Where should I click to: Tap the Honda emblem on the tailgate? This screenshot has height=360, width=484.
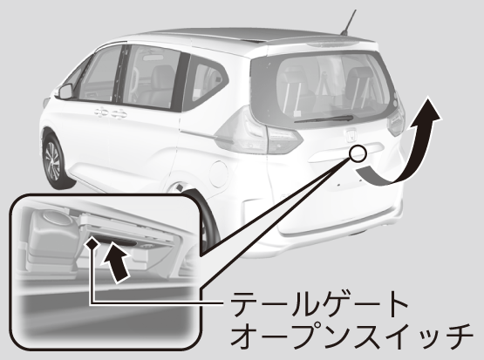pyautogui.click(x=351, y=135)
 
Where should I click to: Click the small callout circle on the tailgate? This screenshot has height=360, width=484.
pyautogui.click(x=358, y=153)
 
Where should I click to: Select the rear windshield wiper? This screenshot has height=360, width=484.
pyautogui.click(x=324, y=119)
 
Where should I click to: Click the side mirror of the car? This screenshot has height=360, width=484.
pyautogui.click(x=65, y=92)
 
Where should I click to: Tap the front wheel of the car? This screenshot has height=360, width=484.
pyautogui.click(x=56, y=161)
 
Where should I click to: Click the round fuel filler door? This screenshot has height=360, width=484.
pyautogui.click(x=218, y=173)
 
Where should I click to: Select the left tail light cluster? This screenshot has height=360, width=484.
pyautogui.click(x=259, y=132)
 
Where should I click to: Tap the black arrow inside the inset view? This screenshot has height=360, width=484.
pyautogui.click(x=115, y=262)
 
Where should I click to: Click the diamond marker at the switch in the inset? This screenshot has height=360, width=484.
pyautogui.click(x=92, y=244)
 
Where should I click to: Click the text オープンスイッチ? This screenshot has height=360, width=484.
pyautogui.click(x=351, y=336)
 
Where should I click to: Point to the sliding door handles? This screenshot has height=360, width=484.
pyautogui.click(x=111, y=113)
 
